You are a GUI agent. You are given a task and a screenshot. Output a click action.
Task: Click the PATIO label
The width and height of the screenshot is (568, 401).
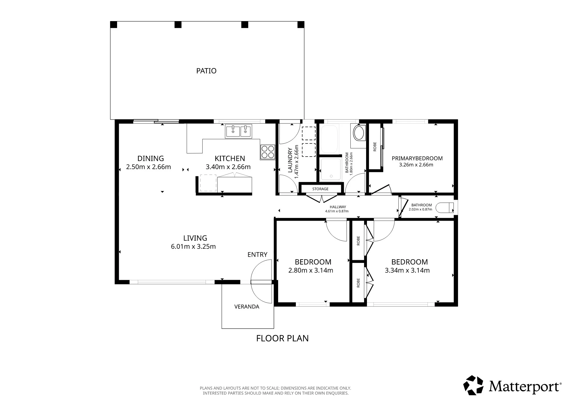pyautogui.click(x=206, y=71)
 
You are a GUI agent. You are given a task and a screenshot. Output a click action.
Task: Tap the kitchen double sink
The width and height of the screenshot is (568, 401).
pyautogui.click(x=238, y=131)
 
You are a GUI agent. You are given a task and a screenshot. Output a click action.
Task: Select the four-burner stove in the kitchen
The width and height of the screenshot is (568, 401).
pyautogui.click(x=267, y=152)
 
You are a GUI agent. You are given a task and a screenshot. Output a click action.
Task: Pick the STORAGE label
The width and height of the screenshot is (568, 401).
pyautogui.click(x=320, y=189)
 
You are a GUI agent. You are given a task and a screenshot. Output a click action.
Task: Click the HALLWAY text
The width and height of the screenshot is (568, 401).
pyautogui.click(x=338, y=207)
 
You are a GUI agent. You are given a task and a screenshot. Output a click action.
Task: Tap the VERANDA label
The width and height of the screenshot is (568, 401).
pyautogui.click(x=247, y=307)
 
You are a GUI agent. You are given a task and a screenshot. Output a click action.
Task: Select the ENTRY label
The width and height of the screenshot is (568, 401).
pyautogui.click(x=257, y=254)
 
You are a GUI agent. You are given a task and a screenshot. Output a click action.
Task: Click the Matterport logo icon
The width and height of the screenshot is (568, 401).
pyautogui.click(x=473, y=385)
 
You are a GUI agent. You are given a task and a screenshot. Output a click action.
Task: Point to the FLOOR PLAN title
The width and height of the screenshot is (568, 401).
pyautogui.click(x=282, y=338)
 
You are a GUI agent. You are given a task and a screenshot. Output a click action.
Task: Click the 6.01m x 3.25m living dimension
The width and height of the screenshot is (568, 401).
pyautogui.click(x=193, y=246)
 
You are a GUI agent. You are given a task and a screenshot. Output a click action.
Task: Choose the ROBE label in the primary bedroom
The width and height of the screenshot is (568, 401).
pyautogui.click(x=375, y=147)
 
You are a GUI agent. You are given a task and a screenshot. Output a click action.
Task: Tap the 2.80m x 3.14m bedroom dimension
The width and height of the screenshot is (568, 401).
pyautogui.click(x=311, y=270)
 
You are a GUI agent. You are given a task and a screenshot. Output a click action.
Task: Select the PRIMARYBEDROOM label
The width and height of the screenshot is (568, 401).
pyautogui.click(x=417, y=158)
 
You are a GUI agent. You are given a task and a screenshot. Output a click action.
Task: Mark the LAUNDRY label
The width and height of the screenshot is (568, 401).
pyautogui.click(x=290, y=160)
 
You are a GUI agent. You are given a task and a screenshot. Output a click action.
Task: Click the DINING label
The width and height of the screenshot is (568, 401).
pyautogui.click(x=150, y=158)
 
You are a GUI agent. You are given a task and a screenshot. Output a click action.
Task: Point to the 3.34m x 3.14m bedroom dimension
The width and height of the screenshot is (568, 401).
pyautogui.click(x=407, y=270)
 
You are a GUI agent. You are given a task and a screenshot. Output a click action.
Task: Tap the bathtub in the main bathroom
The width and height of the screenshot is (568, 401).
pyautogui.click(x=329, y=139)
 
